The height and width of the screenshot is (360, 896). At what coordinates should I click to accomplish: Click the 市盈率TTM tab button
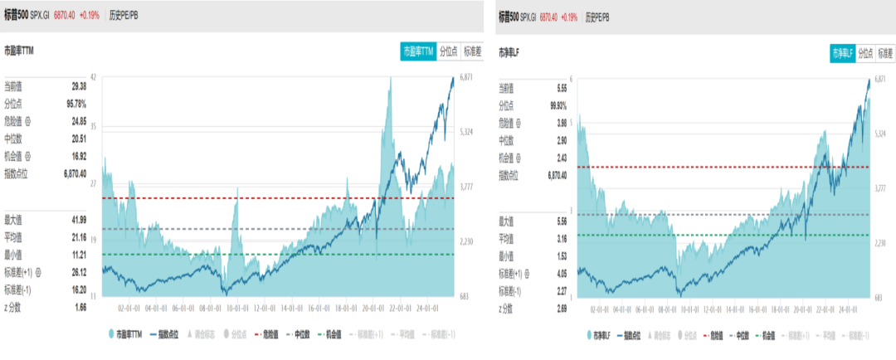[x=418, y=51]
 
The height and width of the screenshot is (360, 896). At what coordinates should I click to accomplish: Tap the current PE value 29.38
[x=79, y=85]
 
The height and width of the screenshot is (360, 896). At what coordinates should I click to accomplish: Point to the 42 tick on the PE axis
[x=93, y=77]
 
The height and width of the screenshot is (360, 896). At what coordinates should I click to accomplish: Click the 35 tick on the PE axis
[x=93, y=127]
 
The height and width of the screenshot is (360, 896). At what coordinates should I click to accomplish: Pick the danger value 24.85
[x=78, y=121]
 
